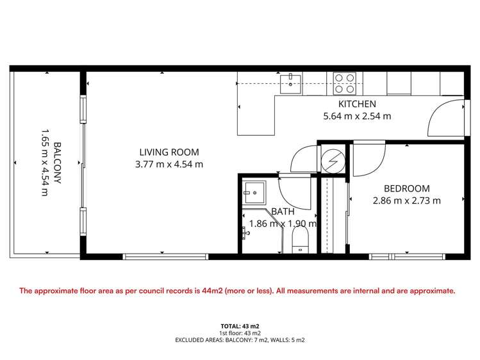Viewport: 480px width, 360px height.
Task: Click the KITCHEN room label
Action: pyautogui.click(x=357, y=104)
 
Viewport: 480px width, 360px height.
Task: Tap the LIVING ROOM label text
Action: pyautogui.click(x=169, y=152)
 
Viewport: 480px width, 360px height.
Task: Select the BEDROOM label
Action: pyautogui.click(x=406, y=188)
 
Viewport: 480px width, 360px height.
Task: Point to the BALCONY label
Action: pyautogui.click(x=57, y=163)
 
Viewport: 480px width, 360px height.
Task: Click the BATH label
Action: pyautogui.click(x=282, y=211)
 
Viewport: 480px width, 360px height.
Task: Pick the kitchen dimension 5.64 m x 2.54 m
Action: pyautogui.click(x=357, y=117)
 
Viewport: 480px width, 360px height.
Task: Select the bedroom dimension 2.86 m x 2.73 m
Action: pyautogui.click(x=406, y=200)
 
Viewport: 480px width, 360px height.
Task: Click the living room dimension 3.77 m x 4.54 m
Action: pyautogui.click(x=169, y=165)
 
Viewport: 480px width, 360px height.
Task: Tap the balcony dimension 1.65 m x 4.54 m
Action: pyautogui.click(x=44, y=163)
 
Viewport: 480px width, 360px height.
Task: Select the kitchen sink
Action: pyautogui.click(x=292, y=82)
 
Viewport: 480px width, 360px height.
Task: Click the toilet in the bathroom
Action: pyautogui.click(x=300, y=242)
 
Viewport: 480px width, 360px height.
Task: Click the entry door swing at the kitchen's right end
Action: pyautogui.click(x=445, y=118)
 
